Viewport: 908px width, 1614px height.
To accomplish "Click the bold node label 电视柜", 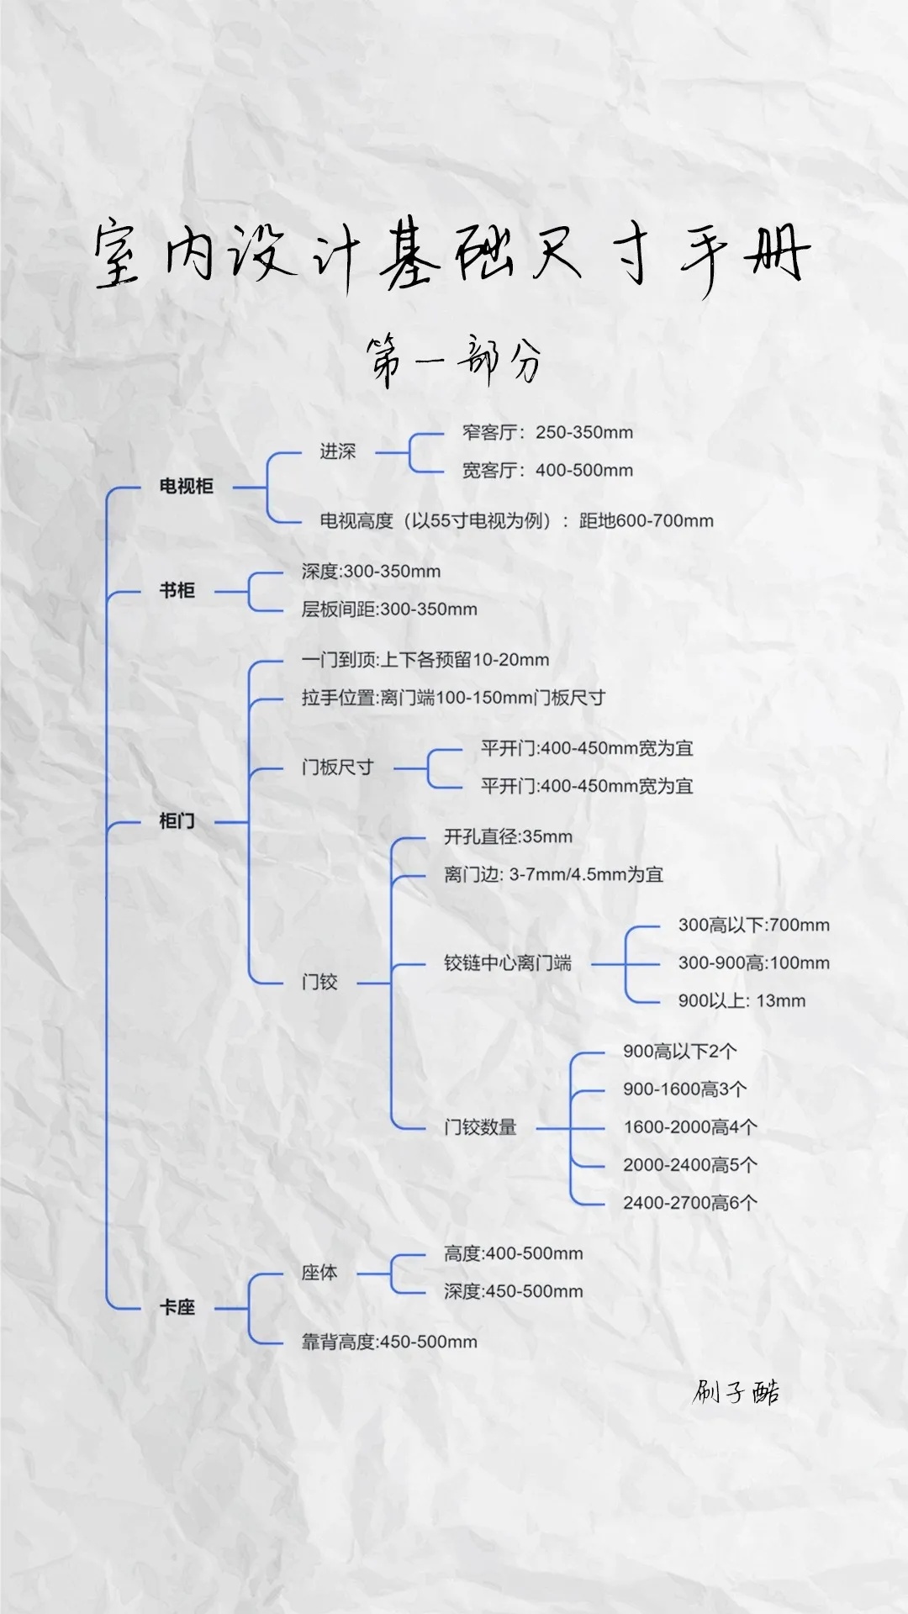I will pos(186,486).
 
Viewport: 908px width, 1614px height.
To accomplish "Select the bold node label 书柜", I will pos(177,590).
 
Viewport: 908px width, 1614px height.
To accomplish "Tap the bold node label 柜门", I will pos(177,820).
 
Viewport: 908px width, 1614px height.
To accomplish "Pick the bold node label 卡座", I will pos(177,1307).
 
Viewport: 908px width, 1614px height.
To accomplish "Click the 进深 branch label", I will pos(337,451).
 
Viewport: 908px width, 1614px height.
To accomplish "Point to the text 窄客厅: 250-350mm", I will pos(547,432).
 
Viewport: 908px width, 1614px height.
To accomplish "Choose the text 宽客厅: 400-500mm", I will pos(547,470).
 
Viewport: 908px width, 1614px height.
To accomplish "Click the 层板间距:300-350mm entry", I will pos(389,609).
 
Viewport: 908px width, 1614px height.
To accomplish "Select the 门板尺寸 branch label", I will pos(337,767).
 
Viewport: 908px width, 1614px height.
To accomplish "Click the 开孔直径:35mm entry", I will pos(508,836).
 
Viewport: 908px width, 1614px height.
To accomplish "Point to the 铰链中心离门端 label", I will pos(508,963).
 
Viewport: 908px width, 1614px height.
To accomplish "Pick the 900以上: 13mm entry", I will pos(742,1000).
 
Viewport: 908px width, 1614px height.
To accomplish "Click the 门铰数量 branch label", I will pos(480,1126).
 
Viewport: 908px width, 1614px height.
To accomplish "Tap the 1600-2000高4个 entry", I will pos(689,1126).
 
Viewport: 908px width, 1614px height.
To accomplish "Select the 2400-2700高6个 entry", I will pos(689,1202).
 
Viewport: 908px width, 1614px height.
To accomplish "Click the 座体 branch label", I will pos(319,1273).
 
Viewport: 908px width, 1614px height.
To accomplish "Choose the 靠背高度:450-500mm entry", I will pos(389,1342).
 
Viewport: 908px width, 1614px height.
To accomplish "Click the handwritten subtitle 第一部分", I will pos(454,361).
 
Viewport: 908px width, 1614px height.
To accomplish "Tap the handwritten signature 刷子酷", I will pos(736,1393).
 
